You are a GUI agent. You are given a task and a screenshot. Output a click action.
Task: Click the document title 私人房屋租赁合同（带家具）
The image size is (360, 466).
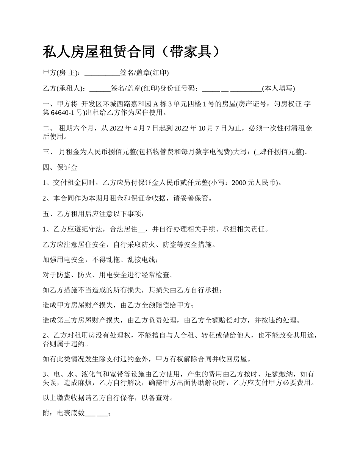pyautogui.click(x=131, y=52)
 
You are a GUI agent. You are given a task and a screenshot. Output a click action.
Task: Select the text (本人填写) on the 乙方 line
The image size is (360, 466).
pyautogui.click(x=279, y=89)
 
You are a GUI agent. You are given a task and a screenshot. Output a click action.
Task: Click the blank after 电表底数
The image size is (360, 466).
pyautogui.click(x=96, y=414)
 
